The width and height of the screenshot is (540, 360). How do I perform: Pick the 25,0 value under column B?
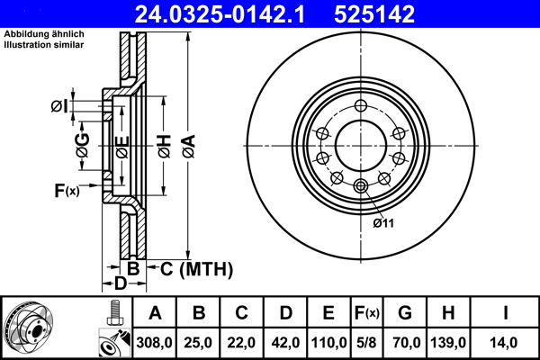coord(199,342)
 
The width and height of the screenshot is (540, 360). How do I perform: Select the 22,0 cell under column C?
coord(241,342)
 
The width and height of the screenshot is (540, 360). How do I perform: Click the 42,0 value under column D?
coord(284,342)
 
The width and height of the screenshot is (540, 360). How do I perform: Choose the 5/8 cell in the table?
coord(364,342)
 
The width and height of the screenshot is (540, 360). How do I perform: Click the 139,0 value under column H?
coord(449,342)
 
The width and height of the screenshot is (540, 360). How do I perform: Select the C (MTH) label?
coord(195,268)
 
